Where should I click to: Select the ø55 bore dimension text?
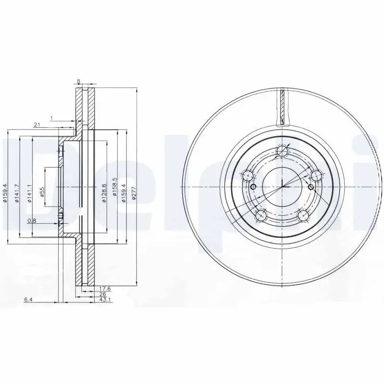(x=42, y=192)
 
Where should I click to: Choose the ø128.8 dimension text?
(x=104, y=193)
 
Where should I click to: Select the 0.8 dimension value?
(x=31, y=221)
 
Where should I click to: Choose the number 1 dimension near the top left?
(x=51, y=117)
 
